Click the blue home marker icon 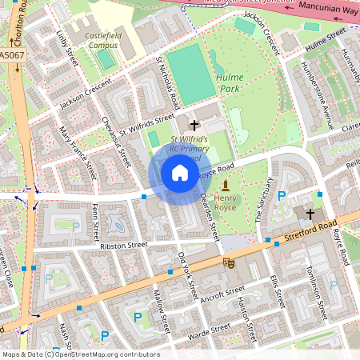(180, 174)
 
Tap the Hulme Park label (229, 82)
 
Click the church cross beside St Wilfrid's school (194, 125)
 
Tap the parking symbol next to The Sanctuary (281, 195)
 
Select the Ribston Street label (124, 246)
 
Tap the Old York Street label (186, 277)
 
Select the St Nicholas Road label (167, 82)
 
